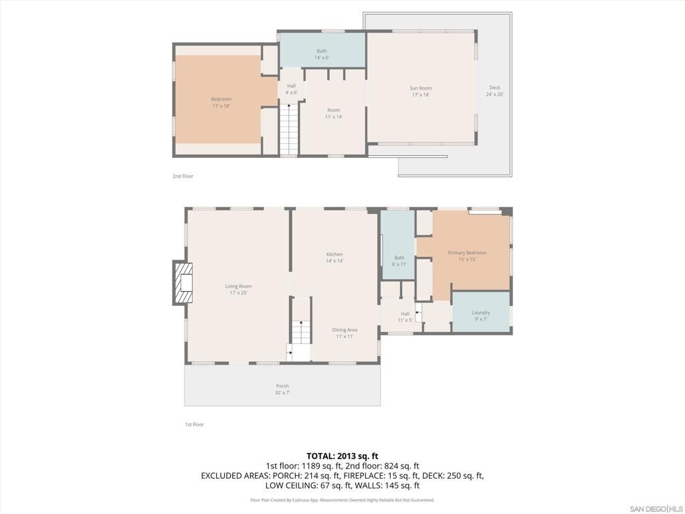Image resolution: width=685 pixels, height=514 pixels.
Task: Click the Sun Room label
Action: tap(421, 92)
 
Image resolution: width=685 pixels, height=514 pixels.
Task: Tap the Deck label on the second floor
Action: tap(494, 91)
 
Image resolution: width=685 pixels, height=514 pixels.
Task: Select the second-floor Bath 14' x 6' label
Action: tap(322, 54)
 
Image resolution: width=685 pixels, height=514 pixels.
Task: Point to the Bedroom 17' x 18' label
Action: tap(221, 102)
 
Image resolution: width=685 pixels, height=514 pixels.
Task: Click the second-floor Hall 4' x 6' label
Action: tap(291, 89)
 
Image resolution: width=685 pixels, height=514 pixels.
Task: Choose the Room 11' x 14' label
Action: tap(333, 113)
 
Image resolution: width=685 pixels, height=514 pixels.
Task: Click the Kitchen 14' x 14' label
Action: tap(334, 258)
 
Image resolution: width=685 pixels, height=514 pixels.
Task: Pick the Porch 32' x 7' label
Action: tap(282, 389)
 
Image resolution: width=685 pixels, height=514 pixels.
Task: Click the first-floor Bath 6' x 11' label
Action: tap(399, 260)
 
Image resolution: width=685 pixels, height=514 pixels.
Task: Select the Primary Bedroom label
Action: tap(467, 256)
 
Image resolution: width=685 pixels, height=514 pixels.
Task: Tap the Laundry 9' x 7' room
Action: tap(481, 313)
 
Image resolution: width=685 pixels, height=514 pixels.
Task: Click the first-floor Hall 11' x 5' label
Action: tap(405, 317)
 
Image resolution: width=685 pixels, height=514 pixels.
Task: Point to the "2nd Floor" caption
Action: tap(183, 176)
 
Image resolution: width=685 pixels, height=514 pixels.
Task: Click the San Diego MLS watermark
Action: tap(656, 507)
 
